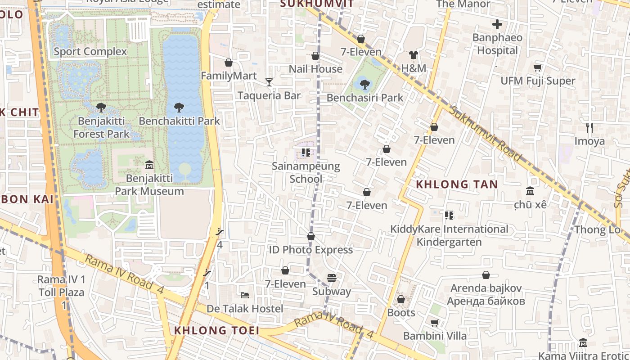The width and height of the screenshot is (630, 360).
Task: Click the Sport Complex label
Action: click(90, 52)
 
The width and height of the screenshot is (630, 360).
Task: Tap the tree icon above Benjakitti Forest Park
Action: click(101, 108)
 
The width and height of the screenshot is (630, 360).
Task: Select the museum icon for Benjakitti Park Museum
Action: click(149, 165)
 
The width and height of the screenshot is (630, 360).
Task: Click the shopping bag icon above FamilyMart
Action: click(229, 63)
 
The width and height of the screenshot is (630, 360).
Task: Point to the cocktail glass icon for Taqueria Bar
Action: click(269, 82)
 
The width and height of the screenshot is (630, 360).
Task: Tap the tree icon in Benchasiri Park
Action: click(365, 84)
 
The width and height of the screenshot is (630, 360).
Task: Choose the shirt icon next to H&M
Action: click(414, 55)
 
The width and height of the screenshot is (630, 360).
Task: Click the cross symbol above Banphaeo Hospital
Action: click(497, 24)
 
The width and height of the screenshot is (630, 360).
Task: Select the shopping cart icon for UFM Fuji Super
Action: click(537, 68)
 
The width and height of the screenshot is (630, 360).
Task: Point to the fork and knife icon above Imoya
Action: click(589, 128)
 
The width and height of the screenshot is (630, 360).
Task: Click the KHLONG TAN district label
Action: click(457, 184)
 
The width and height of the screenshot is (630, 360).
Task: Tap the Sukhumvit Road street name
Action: click(486, 134)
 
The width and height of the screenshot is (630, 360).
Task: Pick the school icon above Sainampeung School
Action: click(306, 153)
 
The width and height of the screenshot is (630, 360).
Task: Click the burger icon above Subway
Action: click(332, 278)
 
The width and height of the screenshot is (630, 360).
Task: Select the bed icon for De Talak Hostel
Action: click(245, 295)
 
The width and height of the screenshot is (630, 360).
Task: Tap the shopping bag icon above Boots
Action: click(401, 299)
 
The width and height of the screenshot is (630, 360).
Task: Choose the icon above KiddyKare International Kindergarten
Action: click(449, 216)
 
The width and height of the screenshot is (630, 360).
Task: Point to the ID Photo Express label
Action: click(310, 250)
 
